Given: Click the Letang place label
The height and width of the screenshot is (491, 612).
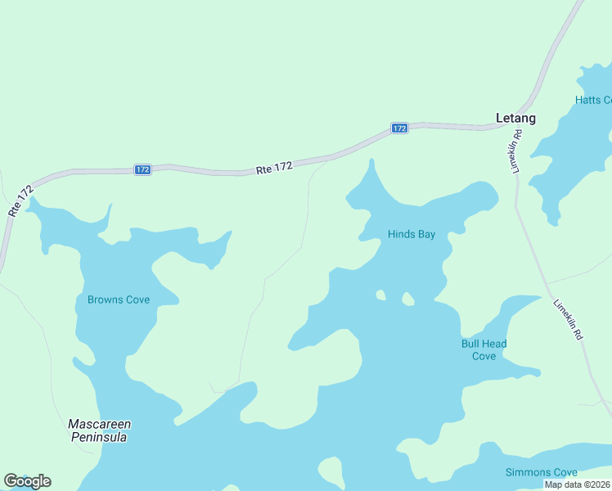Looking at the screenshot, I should [x=515, y=118].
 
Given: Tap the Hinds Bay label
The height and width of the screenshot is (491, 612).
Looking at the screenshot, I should [x=411, y=234].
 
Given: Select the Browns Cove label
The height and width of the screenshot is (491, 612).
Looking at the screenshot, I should [x=119, y=300].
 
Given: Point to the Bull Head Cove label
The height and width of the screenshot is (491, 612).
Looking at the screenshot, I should [x=484, y=349].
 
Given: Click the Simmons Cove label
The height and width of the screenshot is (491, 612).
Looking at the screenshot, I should [x=541, y=472].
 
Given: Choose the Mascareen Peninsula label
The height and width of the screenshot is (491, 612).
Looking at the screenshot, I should [x=100, y=430].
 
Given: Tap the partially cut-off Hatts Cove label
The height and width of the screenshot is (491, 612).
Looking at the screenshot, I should [x=593, y=100].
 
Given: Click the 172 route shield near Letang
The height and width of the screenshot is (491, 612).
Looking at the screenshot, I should [x=398, y=128].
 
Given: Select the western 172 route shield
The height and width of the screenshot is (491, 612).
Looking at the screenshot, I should [x=142, y=169].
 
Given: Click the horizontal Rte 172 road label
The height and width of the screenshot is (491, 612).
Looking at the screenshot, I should [x=274, y=168].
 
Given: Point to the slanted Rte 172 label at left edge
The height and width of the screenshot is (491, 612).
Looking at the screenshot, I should [x=20, y=200].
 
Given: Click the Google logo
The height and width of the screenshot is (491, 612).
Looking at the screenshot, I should [x=27, y=481].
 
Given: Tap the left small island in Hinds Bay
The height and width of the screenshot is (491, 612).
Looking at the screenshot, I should [x=380, y=295].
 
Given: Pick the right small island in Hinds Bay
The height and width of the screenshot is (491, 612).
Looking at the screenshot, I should [x=407, y=300].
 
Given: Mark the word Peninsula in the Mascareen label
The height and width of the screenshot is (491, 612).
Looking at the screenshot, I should [x=100, y=437].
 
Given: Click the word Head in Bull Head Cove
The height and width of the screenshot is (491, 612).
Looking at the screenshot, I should [x=494, y=344].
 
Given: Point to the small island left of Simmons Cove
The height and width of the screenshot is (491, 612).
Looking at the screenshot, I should [x=330, y=471].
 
